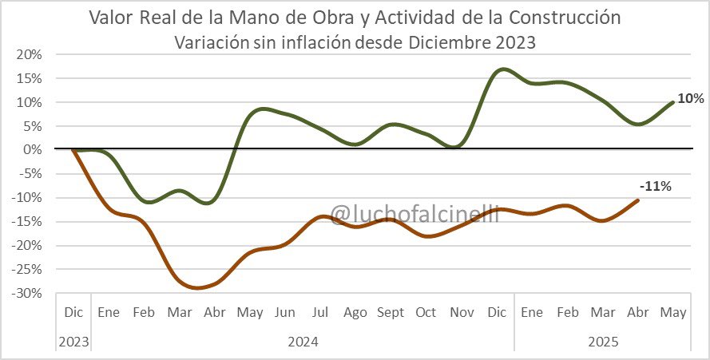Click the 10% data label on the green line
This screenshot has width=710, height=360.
pos(691,99)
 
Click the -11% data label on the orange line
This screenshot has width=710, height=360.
pos(656,186)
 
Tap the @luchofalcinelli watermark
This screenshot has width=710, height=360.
pos(414,213)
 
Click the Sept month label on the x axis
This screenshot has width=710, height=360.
pos(390,312)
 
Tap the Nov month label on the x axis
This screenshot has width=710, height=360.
pos(460,312)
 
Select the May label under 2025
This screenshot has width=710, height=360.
pos(672,312)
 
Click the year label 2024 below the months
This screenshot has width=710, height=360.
pos(302,342)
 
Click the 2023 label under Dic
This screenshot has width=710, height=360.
pos(73,342)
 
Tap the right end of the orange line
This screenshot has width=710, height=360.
pos(638,200)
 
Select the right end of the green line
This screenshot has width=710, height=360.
pos(673,102)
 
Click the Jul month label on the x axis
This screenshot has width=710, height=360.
pos(319,312)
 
